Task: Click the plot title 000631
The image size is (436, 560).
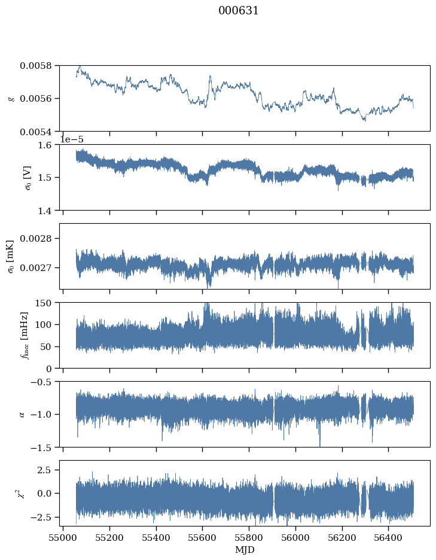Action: (x=238, y=11)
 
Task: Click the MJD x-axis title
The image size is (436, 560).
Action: (x=245, y=550)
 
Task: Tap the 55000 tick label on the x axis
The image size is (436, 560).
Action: (x=63, y=538)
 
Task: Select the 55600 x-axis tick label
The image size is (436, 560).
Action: (x=203, y=538)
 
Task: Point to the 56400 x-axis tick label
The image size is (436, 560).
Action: (x=389, y=538)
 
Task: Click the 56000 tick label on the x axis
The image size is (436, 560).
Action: (x=295, y=538)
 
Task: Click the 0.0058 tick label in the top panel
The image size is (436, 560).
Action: (x=35, y=66)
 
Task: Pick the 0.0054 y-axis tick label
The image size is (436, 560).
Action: (x=35, y=132)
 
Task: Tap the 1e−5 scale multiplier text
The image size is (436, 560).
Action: (x=71, y=139)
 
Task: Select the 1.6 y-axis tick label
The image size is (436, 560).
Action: (x=45, y=145)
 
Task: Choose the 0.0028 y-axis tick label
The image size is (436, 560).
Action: (x=35, y=238)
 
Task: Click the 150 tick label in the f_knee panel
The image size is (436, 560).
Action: (x=43, y=303)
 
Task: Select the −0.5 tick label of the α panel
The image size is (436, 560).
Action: (x=41, y=382)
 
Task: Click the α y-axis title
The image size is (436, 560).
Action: (x=22, y=414)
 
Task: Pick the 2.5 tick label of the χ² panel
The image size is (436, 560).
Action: (x=45, y=470)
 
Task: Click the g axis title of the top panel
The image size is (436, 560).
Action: (x=12, y=99)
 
